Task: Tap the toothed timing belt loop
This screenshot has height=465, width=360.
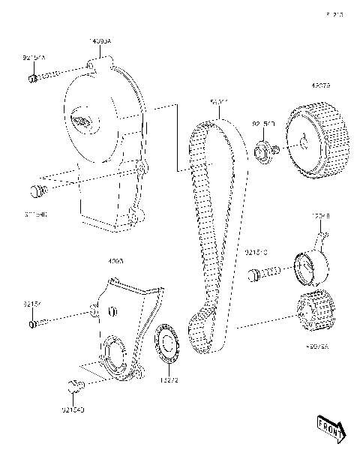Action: coord(201,225)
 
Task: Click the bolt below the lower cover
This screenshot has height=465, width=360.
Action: coord(73,388)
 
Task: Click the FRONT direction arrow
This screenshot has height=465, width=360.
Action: coord(330,428)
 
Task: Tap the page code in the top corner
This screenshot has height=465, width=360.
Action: coord(333,13)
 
